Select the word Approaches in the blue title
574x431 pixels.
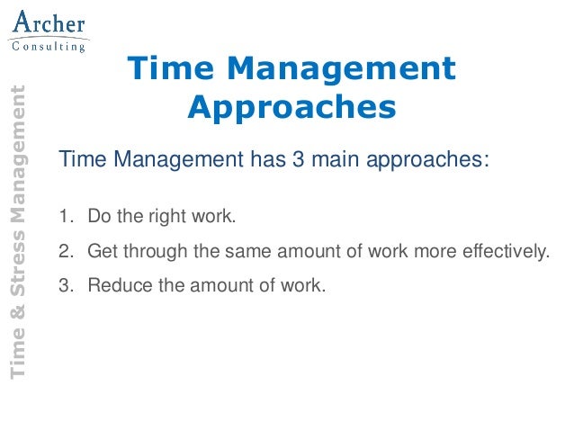point(292,107)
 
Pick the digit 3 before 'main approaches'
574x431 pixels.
point(297,161)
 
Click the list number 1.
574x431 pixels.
point(64,217)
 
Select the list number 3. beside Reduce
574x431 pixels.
point(64,285)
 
